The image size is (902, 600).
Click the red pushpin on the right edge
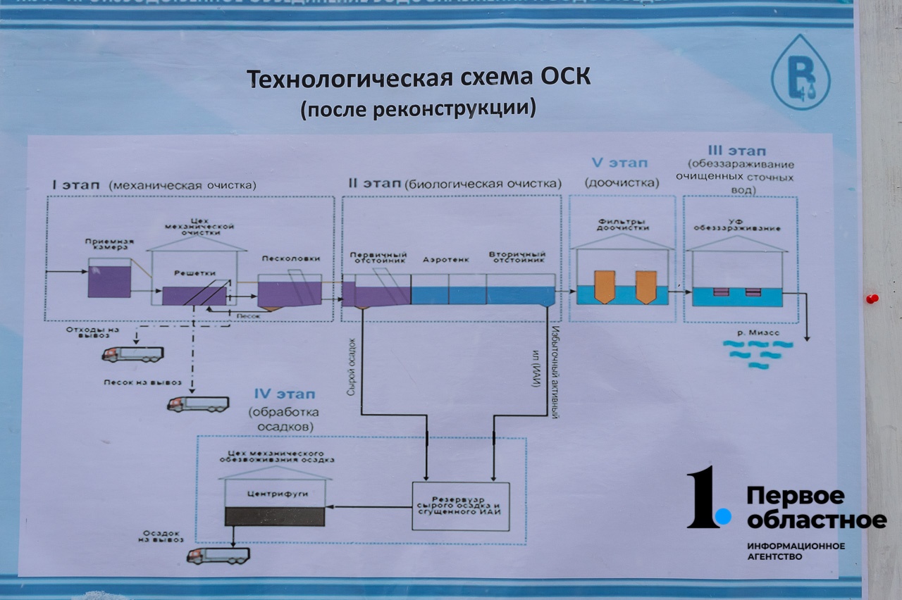872,299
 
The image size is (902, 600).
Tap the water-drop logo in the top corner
800,73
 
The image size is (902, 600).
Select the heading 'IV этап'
285,394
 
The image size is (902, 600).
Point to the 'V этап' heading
619,163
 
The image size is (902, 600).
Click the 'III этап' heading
736,151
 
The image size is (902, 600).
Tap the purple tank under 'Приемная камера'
109,280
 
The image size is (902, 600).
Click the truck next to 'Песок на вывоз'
198,404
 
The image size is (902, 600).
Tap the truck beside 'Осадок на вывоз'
218,555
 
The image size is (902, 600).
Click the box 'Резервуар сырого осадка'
460,506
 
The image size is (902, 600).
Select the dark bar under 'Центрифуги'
274,516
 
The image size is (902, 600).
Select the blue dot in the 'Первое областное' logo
722,518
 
